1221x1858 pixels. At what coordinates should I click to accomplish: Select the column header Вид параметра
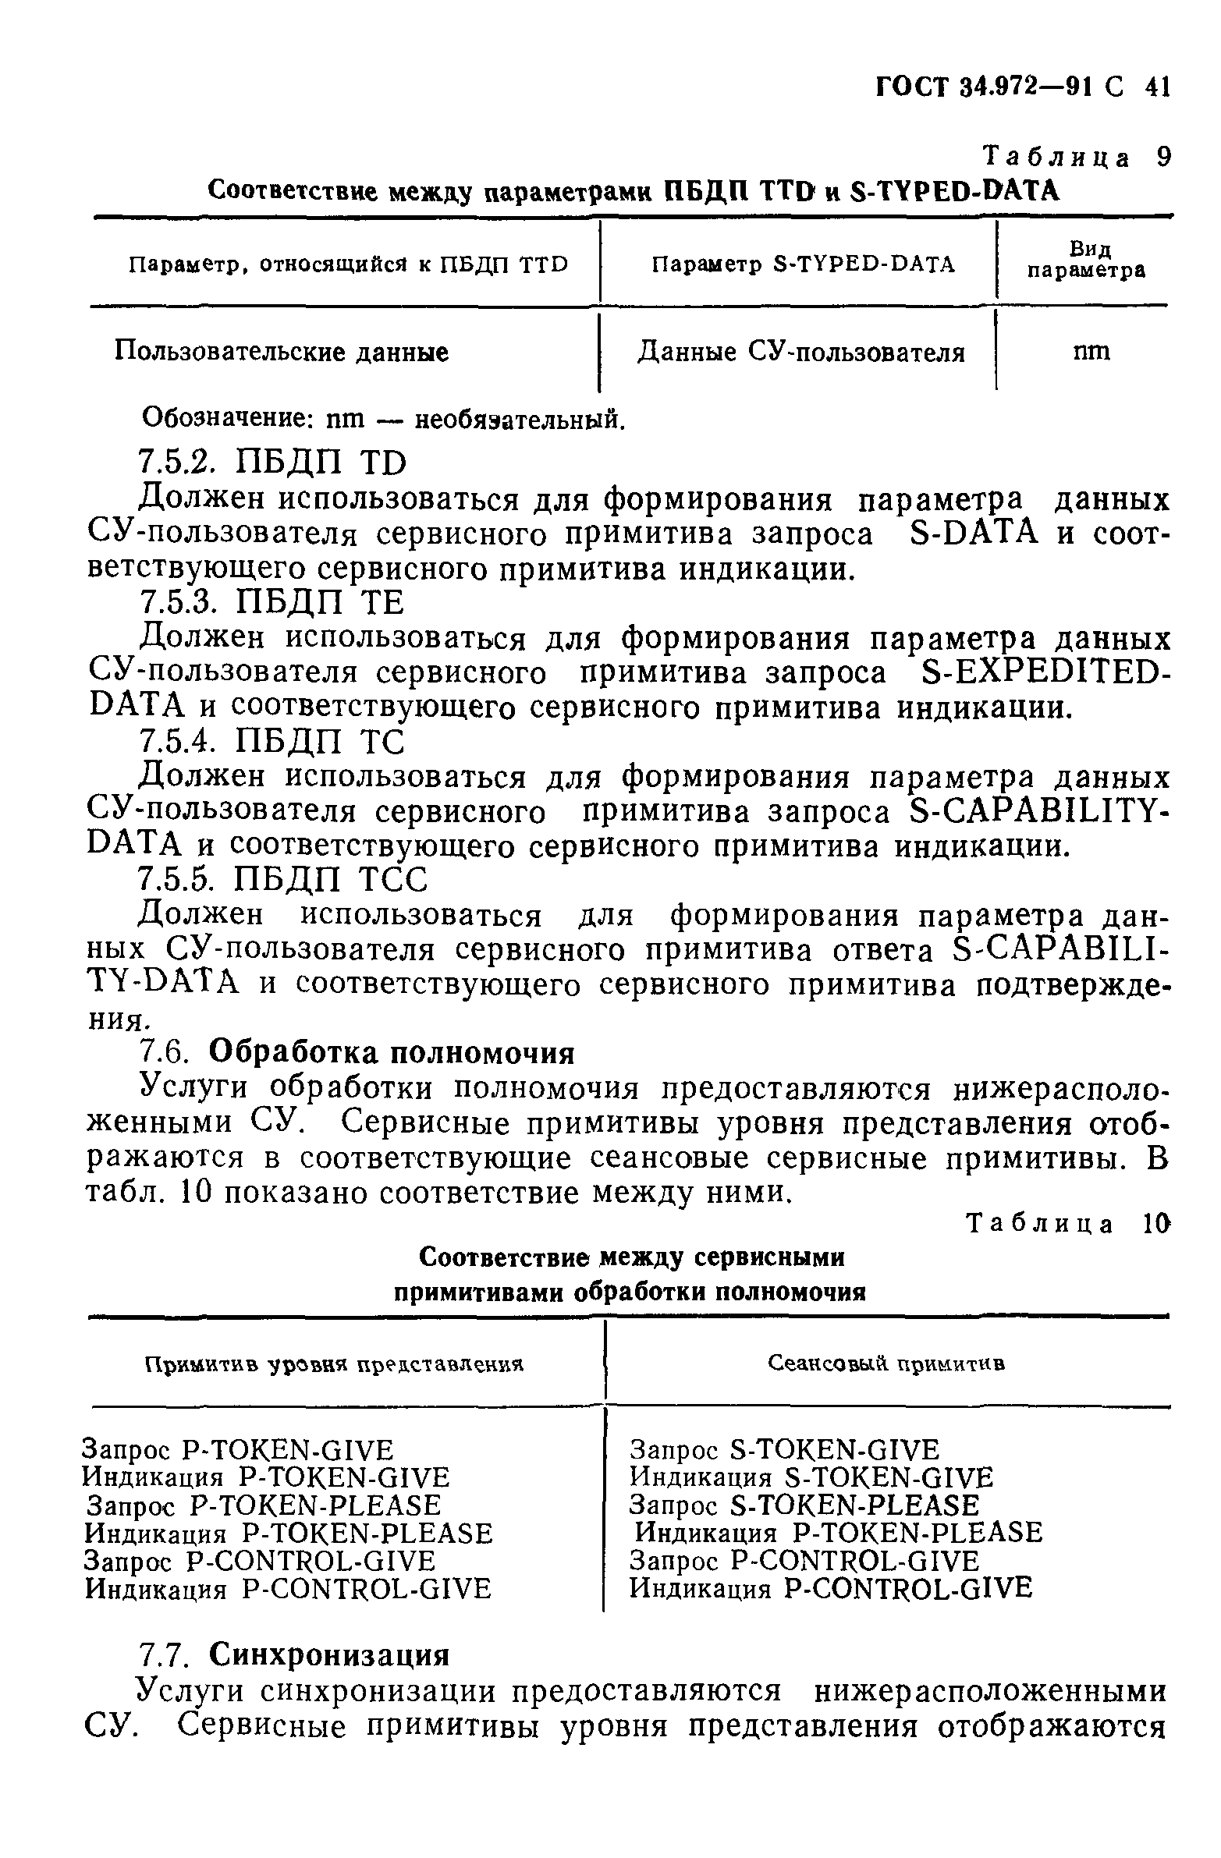point(1086,260)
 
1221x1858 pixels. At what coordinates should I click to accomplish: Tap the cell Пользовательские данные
point(281,352)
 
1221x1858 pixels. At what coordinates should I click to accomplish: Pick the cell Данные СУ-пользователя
point(801,352)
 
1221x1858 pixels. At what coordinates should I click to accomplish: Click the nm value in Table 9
point(1091,351)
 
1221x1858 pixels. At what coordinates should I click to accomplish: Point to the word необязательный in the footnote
point(519,420)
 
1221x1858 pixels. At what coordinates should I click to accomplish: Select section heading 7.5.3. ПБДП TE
point(271,603)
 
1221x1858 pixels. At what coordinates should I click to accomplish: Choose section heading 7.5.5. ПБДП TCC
point(282,881)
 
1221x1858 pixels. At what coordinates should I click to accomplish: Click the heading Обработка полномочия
point(392,1054)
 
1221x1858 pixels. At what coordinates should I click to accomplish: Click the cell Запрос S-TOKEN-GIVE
point(785,1451)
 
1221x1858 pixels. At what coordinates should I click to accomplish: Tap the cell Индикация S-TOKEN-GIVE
point(811,1478)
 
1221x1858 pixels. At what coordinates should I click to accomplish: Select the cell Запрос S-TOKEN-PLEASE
point(804,1505)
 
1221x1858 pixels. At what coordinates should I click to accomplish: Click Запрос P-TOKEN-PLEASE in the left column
point(264,1505)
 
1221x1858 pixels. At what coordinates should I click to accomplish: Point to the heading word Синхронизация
point(329,1656)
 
